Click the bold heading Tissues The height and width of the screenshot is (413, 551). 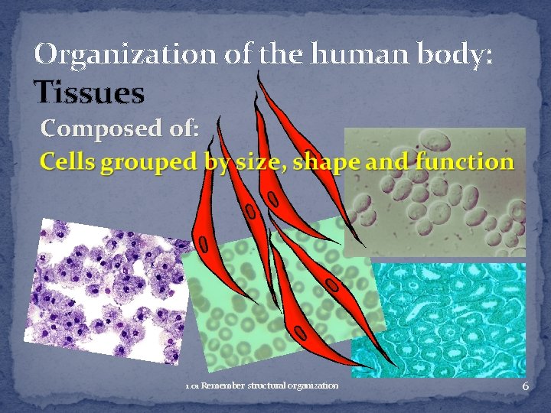tap(90, 93)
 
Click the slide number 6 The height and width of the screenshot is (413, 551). tap(525, 387)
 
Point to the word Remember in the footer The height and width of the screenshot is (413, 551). tap(223, 385)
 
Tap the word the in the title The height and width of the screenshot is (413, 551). tap(275, 54)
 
